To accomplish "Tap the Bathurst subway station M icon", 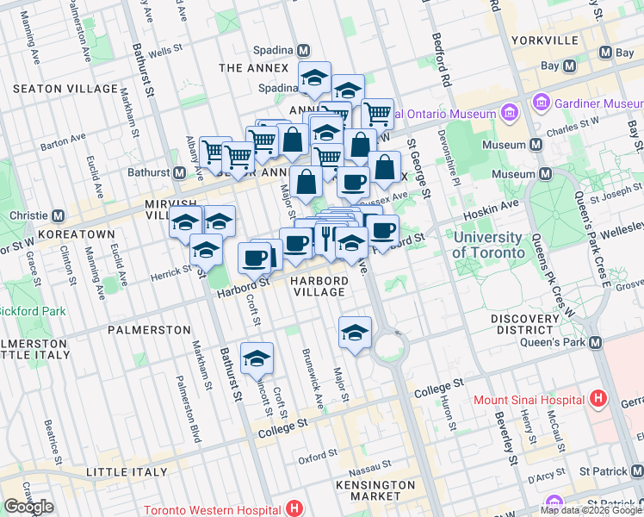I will point(179,172).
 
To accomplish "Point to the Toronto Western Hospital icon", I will point(297,509).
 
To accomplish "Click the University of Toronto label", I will point(488,246).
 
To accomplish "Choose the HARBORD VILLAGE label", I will point(319,286).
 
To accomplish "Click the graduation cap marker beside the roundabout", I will point(355,332).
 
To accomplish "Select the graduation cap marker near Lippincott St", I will point(257,358).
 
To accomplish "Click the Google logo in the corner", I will point(28,507).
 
